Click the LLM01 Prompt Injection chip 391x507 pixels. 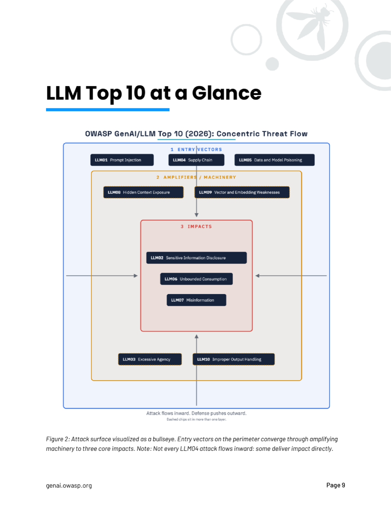[x=122, y=160]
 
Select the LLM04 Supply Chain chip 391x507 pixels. [x=196, y=160]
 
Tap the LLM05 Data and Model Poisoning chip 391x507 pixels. [x=274, y=160]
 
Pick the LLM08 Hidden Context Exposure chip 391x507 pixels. [x=143, y=192]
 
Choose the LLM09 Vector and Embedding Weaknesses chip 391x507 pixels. [x=242, y=192]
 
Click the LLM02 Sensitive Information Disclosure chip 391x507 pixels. [x=196, y=258]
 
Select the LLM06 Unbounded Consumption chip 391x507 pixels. [x=196, y=279]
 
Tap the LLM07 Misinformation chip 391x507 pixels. [x=196, y=300]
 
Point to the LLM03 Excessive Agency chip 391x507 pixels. [x=150, y=359]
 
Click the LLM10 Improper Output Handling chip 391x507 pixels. [x=233, y=359]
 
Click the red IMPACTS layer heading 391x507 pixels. [x=196, y=227]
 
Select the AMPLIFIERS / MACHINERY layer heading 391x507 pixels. [x=196, y=177]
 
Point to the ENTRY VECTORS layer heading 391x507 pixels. [x=196, y=150]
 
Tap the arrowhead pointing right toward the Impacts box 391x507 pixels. [x=136, y=276]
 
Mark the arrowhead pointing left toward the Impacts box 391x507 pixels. [x=257, y=276]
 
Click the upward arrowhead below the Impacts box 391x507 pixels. [x=196, y=337]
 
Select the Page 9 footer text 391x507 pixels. [x=336, y=485]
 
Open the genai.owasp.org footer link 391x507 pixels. [x=69, y=486]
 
